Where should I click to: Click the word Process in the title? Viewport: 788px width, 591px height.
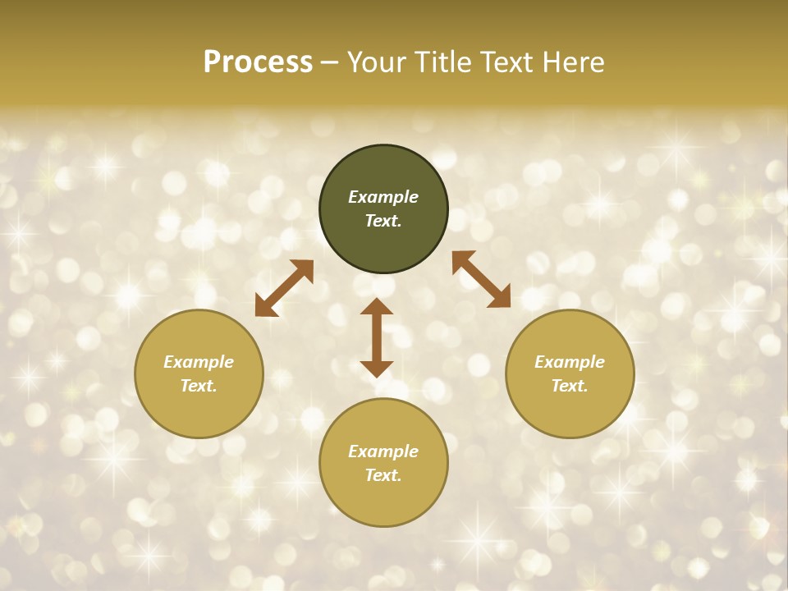click(x=258, y=62)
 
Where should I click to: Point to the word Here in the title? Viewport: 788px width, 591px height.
click(x=571, y=62)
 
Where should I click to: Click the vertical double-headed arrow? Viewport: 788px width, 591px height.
click(x=377, y=337)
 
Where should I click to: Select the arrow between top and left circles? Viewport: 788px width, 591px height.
click(x=284, y=288)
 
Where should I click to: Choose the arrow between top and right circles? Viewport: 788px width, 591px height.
click(x=481, y=279)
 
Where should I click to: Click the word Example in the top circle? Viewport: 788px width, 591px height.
click(x=383, y=197)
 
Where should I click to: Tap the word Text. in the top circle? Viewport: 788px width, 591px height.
click(x=383, y=221)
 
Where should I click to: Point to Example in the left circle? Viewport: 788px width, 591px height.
click(x=199, y=362)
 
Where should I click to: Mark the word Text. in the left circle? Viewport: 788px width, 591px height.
click(x=199, y=386)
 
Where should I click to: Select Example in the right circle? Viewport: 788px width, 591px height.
click(x=570, y=362)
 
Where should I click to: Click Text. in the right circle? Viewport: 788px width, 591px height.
click(x=570, y=386)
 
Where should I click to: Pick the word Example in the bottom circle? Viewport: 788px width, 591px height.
click(x=383, y=451)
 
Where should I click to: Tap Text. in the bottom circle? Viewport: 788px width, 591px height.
click(x=383, y=475)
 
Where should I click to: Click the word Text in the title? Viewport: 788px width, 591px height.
click(x=507, y=62)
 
